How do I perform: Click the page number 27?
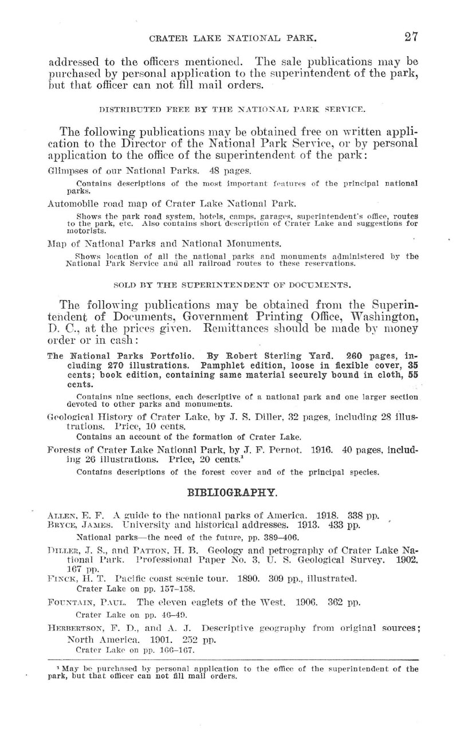tap(411, 37)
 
